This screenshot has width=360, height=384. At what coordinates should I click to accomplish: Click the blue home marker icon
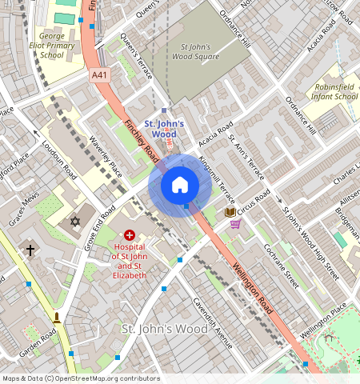pyautogui.click(x=180, y=186)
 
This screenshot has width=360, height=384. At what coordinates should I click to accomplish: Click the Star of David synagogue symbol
pyautogui.click(x=76, y=220)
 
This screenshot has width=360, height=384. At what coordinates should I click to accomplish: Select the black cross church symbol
pyautogui.click(x=30, y=250)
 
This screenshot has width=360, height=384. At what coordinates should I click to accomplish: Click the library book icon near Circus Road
pyautogui.click(x=230, y=211)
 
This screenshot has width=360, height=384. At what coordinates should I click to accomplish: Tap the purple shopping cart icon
pyautogui.click(x=235, y=224)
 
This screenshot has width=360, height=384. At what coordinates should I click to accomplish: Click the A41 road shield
pyautogui.click(x=99, y=75)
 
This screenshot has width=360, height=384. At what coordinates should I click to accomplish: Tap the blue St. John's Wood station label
pyautogui.click(x=164, y=129)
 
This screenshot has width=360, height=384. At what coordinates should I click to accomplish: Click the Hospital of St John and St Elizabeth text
pyautogui.click(x=129, y=261)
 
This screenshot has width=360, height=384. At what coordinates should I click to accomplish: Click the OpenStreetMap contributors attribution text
pyautogui.click(x=81, y=378)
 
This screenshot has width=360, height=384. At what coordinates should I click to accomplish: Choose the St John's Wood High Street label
pyautogui.click(x=310, y=244)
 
